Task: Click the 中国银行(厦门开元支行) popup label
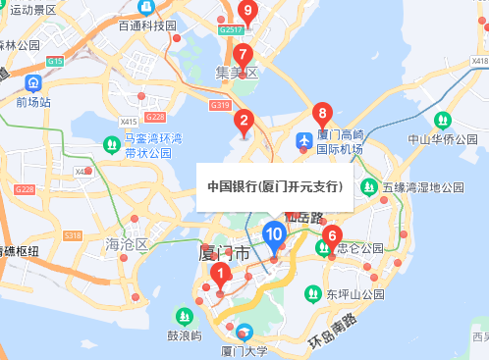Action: [x=274, y=186]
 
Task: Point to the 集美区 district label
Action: [x=236, y=73]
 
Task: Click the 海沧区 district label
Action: [x=126, y=243]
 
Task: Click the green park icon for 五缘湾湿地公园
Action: [x=369, y=186]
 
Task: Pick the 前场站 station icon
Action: [x=34, y=82]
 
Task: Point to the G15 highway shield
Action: [x=54, y=62]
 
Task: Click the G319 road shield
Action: [x=220, y=105]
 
